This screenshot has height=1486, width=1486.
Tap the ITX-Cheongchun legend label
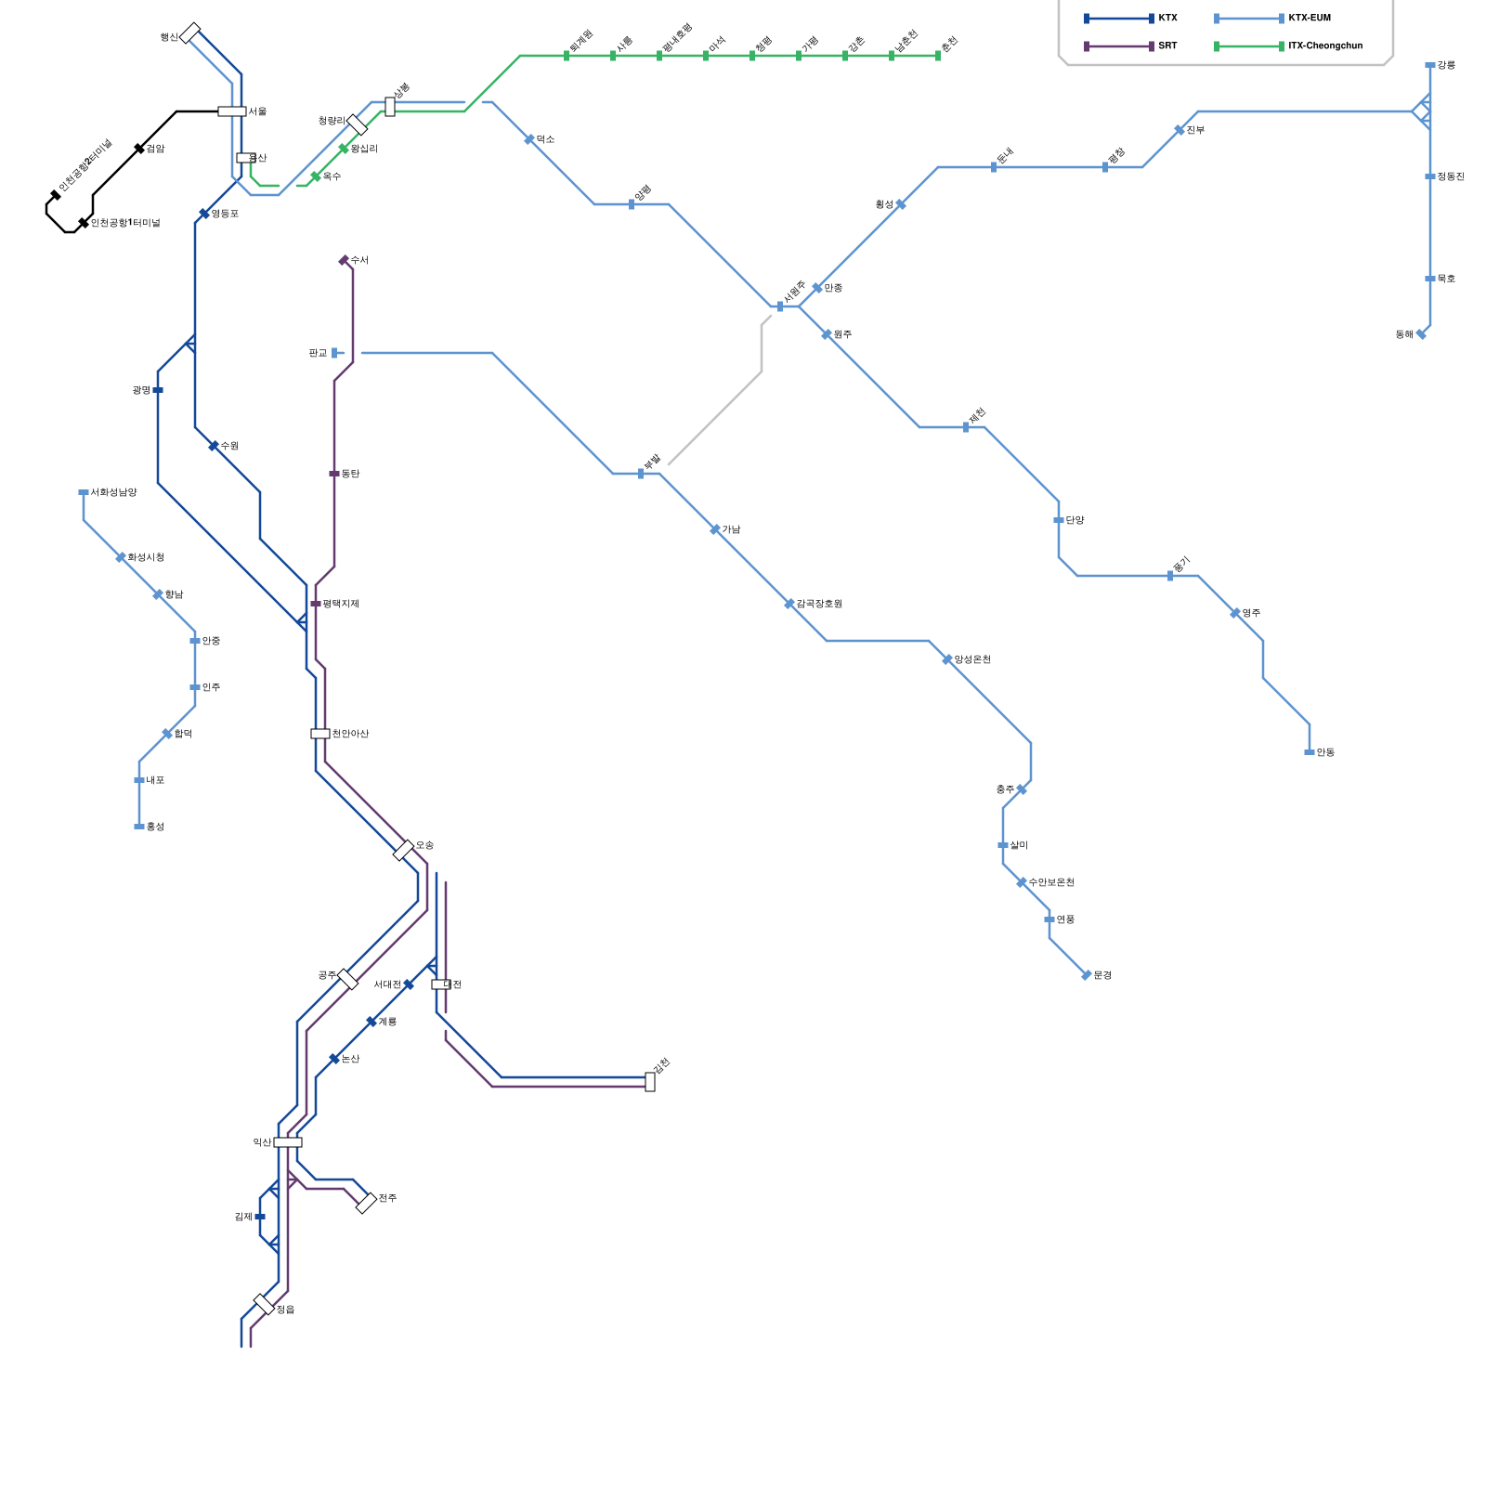click(x=1325, y=46)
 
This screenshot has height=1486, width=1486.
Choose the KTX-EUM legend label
click(x=1310, y=19)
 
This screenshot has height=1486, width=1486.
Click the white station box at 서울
click(x=232, y=111)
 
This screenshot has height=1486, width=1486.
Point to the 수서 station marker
click(x=344, y=260)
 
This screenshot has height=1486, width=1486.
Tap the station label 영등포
click(x=225, y=214)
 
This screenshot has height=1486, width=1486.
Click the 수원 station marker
click(x=214, y=446)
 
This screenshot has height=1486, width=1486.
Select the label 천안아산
click(x=350, y=734)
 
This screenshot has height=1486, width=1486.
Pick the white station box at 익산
click(x=288, y=1142)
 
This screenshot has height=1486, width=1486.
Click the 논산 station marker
click(x=334, y=1059)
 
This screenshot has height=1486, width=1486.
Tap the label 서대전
click(x=387, y=984)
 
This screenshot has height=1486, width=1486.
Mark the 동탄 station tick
click(x=334, y=474)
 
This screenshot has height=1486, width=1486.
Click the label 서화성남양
click(x=113, y=492)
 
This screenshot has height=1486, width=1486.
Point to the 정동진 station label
click(x=1451, y=176)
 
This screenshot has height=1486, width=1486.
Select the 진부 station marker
click(x=1180, y=130)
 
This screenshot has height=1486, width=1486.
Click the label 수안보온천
click(x=1051, y=882)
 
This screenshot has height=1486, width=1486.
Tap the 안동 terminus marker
click(x=1310, y=752)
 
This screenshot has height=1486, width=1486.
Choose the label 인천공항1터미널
click(x=125, y=223)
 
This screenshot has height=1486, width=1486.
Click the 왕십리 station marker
click(x=344, y=149)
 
